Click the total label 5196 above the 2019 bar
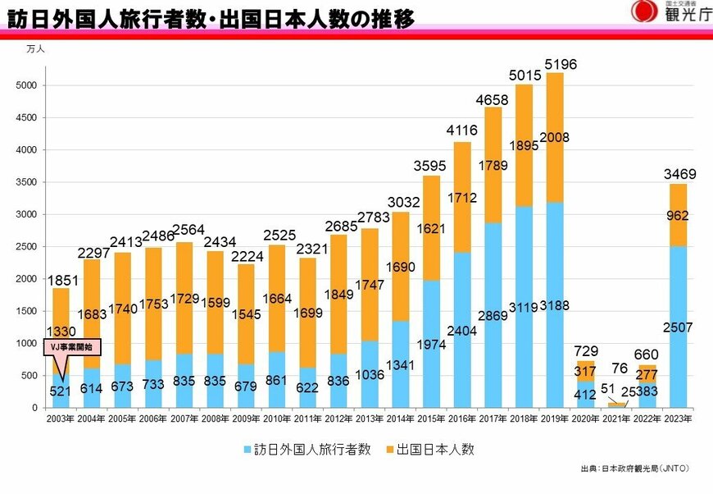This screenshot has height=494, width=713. click(x=561, y=63)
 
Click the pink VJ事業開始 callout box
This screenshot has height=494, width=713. click(x=70, y=347)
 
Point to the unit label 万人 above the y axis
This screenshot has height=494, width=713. click(x=35, y=49)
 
